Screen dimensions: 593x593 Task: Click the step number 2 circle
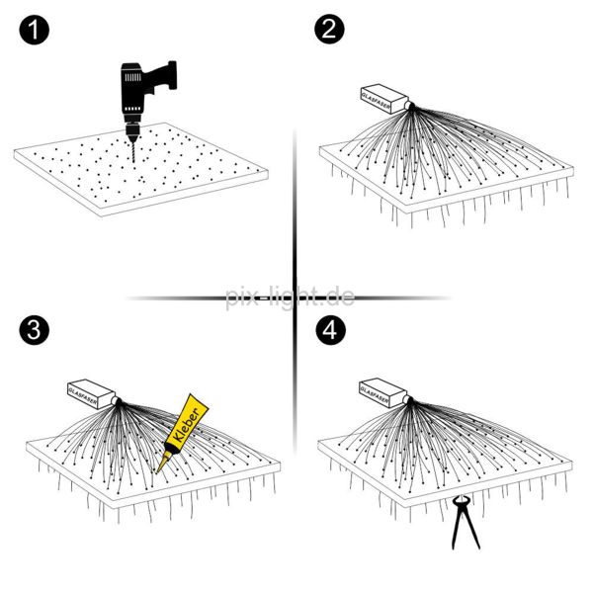329,31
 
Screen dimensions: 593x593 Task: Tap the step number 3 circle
33,331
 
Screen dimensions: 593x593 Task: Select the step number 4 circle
329,331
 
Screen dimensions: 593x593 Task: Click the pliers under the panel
461,523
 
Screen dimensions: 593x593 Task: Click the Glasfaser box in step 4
381,390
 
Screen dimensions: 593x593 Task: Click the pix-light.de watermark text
289,296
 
